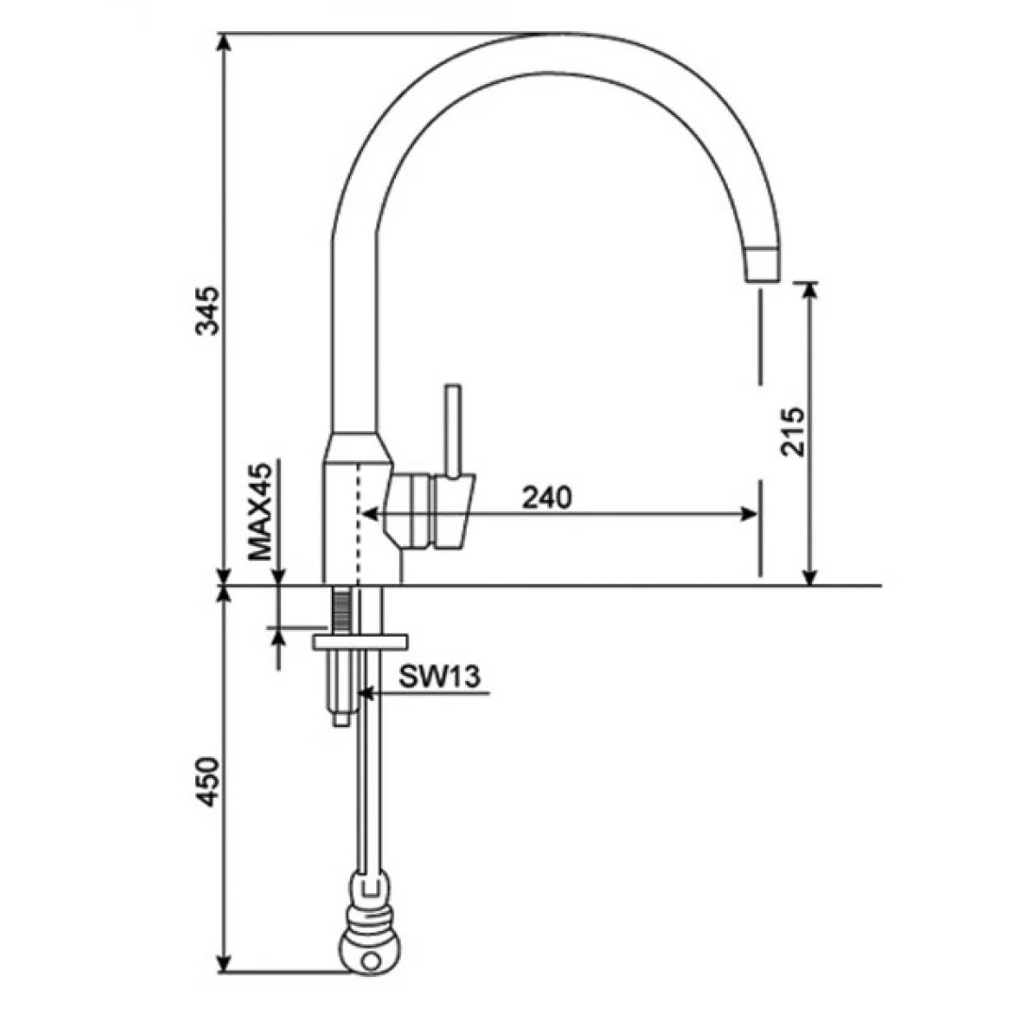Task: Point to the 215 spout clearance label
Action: [793, 432]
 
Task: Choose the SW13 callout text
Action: [439, 675]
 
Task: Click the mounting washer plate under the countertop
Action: [359, 640]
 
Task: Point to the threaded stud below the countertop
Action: [340, 610]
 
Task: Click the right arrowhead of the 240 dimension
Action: [751, 514]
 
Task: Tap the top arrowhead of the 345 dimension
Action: [224, 43]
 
